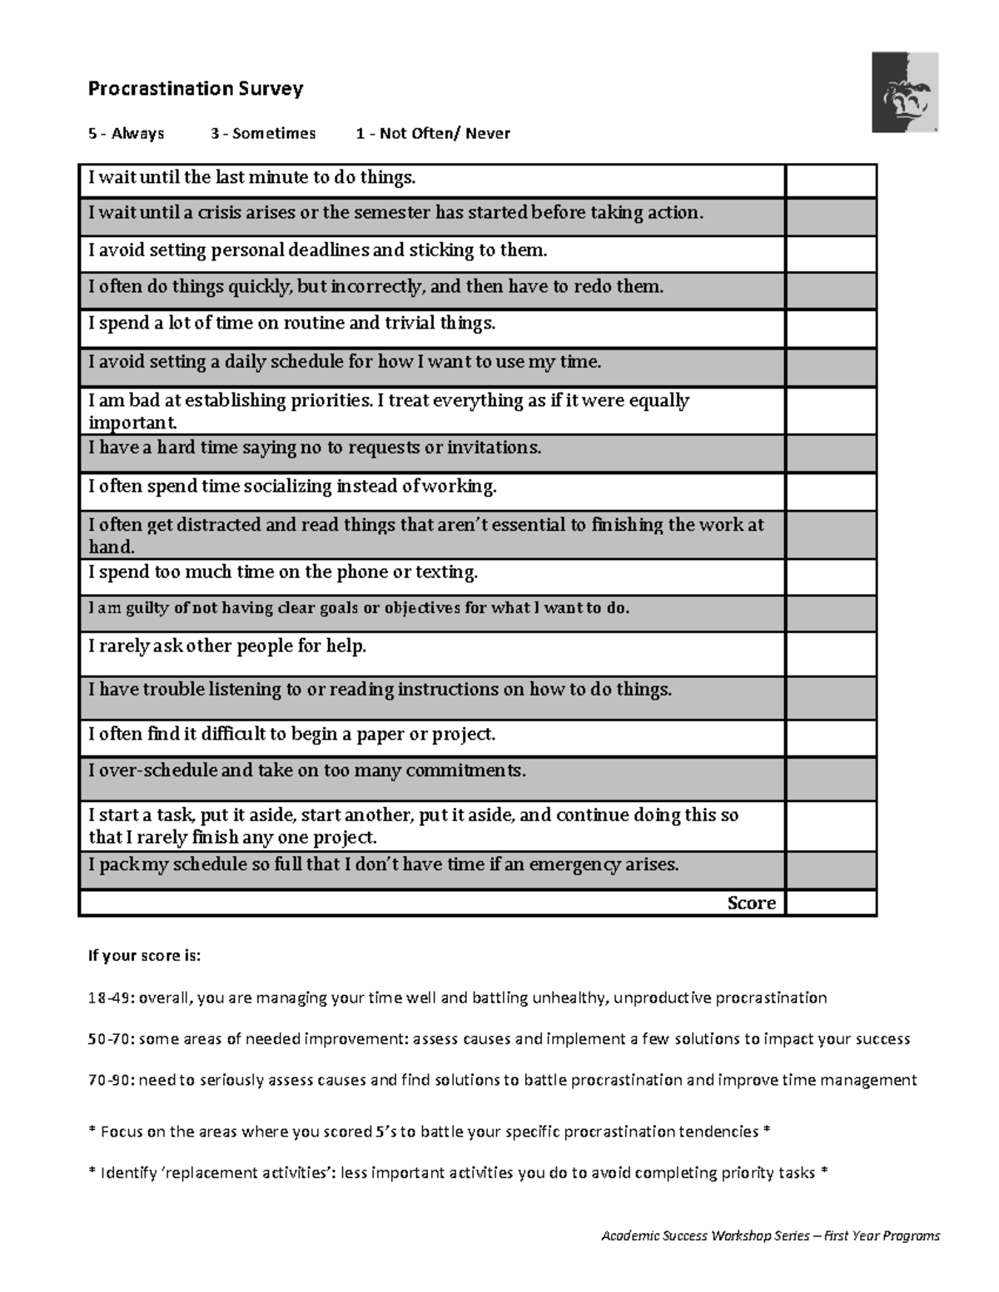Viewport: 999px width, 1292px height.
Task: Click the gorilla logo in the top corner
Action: click(905, 92)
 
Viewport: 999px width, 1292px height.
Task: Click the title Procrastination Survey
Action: click(196, 89)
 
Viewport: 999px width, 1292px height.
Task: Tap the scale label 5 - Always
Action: click(127, 133)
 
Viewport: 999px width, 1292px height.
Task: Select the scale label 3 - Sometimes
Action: click(263, 133)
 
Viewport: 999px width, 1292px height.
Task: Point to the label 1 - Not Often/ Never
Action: click(433, 133)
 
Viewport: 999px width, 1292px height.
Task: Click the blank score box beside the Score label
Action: click(831, 903)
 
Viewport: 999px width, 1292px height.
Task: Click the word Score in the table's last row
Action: click(751, 903)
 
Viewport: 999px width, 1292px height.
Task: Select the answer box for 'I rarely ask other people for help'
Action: click(831, 654)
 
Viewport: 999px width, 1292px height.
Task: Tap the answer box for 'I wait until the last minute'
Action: click(831, 181)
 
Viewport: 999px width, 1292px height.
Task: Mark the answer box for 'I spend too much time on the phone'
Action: click(831, 577)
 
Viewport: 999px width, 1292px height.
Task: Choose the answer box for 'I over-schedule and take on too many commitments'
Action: click(831, 779)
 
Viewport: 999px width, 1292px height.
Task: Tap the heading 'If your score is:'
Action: click(145, 956)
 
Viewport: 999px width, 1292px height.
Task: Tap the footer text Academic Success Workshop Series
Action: click(705, 1235)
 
